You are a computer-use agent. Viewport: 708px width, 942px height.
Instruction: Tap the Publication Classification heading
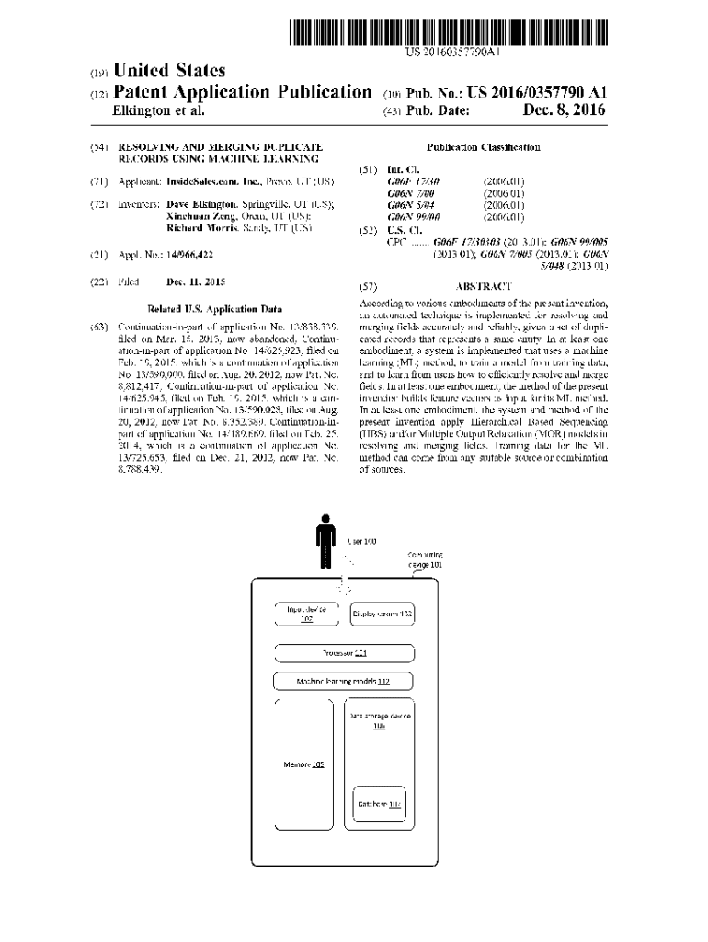(x=484, y=147)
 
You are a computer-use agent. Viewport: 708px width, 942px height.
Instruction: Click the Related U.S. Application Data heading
(x=214, y=310)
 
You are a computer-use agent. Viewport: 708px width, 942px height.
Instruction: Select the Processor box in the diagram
(x=345, y=653)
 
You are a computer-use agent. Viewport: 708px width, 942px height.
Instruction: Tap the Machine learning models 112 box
(x=344, y=682)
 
